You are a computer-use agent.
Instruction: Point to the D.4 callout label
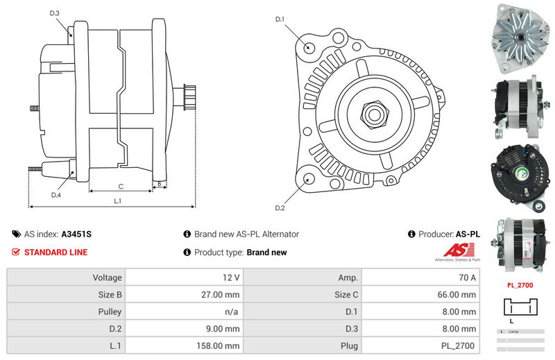tap(56, 195)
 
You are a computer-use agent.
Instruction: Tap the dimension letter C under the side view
tap(121, 186)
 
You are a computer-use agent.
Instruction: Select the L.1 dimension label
tap(118, 201)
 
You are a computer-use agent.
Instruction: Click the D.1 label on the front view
tap(280, 19)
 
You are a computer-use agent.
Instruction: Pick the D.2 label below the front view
tap(280, 208)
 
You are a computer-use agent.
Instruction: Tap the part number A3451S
tap(76, 234)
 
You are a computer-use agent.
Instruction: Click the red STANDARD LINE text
tap(55, 252)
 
